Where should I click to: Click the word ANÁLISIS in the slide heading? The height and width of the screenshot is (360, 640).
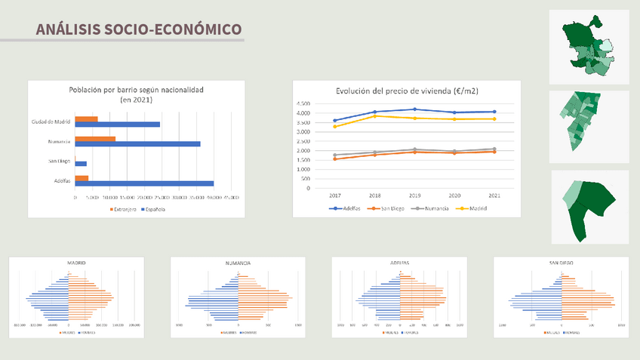(67, 29)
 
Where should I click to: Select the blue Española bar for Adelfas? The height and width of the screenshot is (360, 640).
(144, 183)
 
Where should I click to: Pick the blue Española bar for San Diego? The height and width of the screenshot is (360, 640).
(81, 164)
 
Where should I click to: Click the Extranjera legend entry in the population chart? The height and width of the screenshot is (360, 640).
(123, 209)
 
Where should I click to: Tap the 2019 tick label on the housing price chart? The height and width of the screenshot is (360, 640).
(414, 195)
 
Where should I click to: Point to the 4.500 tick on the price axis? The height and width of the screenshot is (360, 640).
(303, 104)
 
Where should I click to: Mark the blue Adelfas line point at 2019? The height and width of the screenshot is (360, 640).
(414, 109)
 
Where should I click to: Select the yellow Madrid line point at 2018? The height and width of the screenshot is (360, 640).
(374, 116)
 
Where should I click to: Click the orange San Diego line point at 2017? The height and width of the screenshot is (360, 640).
(334, 159)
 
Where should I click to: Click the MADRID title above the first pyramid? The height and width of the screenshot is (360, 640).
(76, 263)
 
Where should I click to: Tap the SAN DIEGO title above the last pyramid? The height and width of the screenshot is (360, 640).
(561, 263)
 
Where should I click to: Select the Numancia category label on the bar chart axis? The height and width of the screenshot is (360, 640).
(59, 141)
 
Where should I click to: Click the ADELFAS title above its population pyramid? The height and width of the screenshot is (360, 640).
(399, 263)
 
